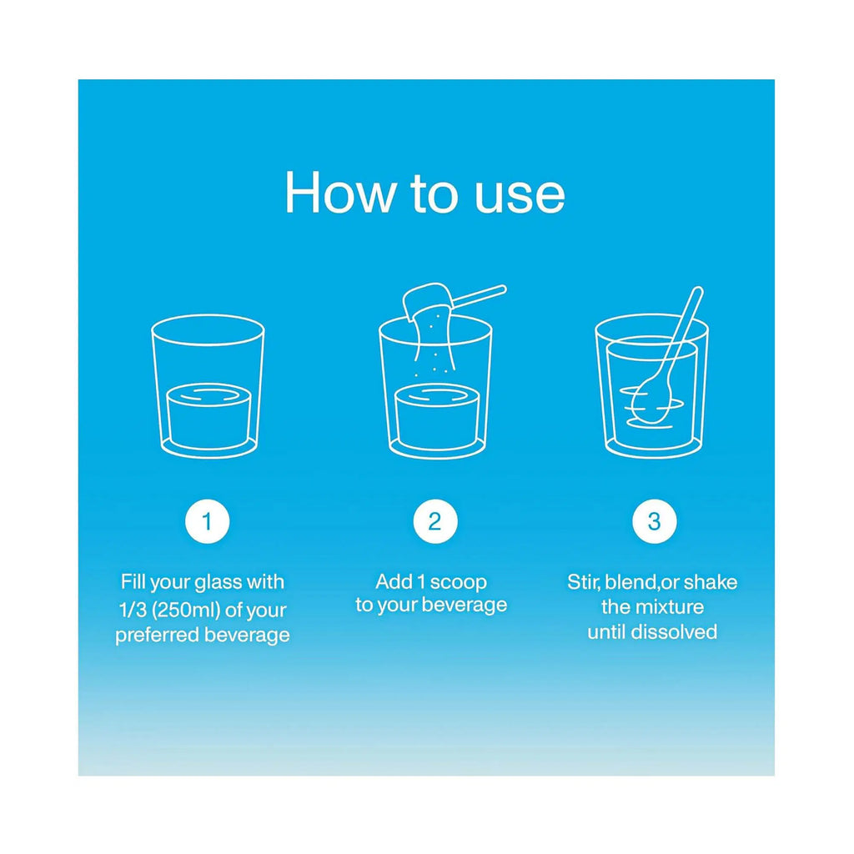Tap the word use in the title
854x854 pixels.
pos(520,196)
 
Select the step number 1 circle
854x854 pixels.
pos(208,521)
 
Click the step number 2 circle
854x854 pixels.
pos(435,521)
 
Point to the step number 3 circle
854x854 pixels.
pos(654,521)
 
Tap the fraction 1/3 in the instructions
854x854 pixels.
pos(133,610)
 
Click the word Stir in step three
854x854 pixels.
pos(584,581)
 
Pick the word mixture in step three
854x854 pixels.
pos(670,607)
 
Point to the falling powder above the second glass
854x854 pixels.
pos(433,343)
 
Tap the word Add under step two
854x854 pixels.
pos(394,581)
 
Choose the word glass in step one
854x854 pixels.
pos(218,583)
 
